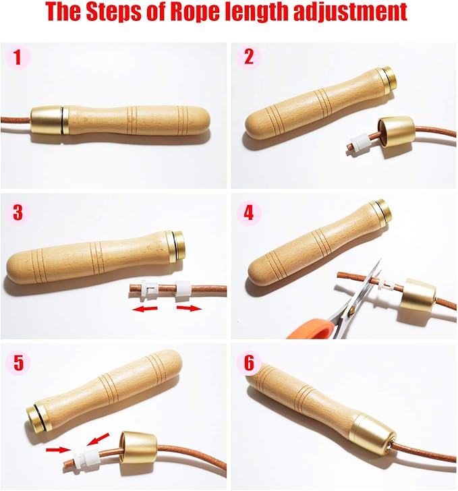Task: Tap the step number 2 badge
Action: click(249, 57)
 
